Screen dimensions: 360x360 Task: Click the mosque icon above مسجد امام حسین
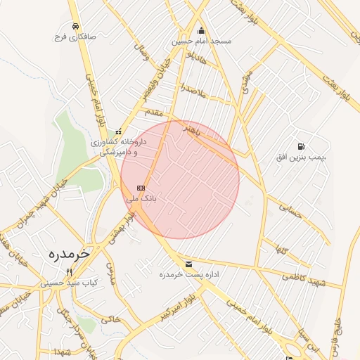[x=202, y=30]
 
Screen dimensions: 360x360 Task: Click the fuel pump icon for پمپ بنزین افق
[x=302, y=146]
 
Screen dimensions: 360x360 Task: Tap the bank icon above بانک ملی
[x=141, y=188]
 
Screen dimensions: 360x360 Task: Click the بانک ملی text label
[x=141, y=199]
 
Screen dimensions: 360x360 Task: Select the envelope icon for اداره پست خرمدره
[x=188, y=264]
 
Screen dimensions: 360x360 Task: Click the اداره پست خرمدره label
[x=187, y=274]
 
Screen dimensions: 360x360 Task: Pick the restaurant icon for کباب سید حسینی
[x=69, y=272]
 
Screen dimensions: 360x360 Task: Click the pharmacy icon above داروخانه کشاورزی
[x=118, y=131]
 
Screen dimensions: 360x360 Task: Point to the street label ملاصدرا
[x=191, y=89]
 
